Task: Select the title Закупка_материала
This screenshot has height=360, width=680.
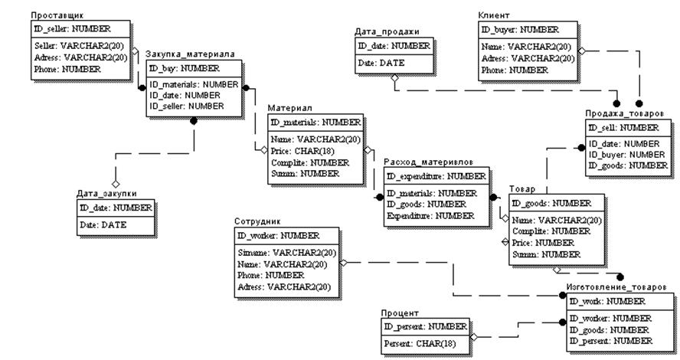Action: [x=190, y=54]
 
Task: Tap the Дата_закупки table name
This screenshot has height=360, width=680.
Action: [x=106, y=194]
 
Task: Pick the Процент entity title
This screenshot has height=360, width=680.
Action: [x=400, y=313]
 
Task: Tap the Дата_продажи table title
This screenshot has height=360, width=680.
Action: [x=387, y=32]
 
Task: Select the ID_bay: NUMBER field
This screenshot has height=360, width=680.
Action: [x=184, y=69]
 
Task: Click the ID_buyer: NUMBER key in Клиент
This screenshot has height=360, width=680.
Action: [x=520, y=30]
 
